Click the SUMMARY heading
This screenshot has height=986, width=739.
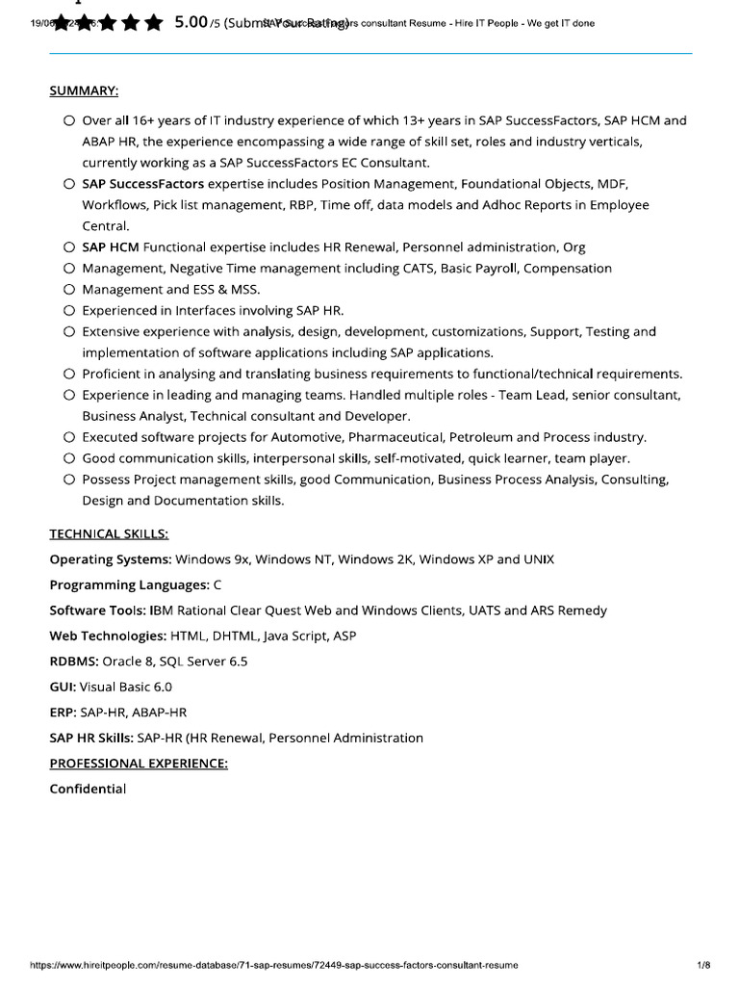coord(84,91)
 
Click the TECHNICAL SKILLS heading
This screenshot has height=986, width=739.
coord(109,533)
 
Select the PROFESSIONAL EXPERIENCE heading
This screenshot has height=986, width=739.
coord(139,763)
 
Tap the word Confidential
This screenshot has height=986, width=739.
coord(88,789)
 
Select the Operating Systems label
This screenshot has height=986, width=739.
coord(110,559)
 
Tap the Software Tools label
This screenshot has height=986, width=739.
coord(97,610)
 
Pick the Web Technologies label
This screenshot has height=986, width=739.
coord(108,636)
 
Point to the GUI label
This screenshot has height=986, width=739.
coord(63,687)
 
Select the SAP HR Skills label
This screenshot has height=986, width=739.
coord(91,738)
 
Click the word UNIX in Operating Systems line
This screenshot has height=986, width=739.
coord(538,559)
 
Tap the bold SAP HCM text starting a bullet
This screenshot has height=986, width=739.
coord(111,247)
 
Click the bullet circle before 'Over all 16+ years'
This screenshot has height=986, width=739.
coord(69,121)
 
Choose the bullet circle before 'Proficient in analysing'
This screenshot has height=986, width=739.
coord(69,374)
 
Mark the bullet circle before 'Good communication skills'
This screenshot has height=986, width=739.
coord(69,458)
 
